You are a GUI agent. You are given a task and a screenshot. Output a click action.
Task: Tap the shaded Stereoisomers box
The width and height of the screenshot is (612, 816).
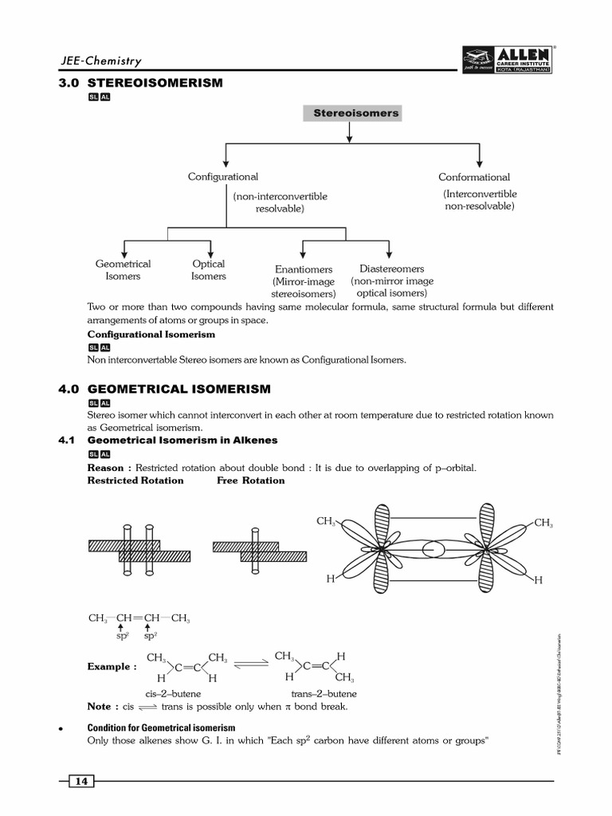pyautogui.click(x=351, y=113)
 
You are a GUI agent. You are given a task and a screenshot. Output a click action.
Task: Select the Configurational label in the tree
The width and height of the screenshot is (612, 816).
pyautogui.click(x=223, y=177)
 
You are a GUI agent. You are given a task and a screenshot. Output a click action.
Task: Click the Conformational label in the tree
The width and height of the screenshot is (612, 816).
pyautogui.click(x=474, y=177)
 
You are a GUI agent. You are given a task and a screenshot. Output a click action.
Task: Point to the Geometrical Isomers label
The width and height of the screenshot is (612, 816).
pyautogui.click(x=123, y=270)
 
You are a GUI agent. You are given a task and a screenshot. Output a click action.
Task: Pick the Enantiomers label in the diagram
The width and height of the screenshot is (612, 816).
pyautogui.click(x=304, y=269)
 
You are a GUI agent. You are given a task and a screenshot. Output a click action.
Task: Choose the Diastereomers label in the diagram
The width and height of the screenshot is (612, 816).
pyautogui.click(x=392, y=269)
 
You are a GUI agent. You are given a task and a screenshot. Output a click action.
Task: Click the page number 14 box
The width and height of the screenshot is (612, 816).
pyautogui.click(x=81, y=781)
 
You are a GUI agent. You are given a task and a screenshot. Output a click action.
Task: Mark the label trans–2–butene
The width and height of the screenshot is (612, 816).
pyautogui.click(x=324, y=694)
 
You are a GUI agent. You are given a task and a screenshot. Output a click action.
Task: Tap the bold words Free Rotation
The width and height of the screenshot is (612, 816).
pyautogui.click(x=250, y=481)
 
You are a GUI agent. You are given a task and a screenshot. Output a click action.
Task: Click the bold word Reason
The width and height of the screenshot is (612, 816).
pyautogui.click(x=105, y=468)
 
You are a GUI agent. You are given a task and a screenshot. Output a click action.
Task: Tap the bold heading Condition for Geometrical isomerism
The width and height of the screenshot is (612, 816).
pyautogui.click(x=161, y=728)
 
